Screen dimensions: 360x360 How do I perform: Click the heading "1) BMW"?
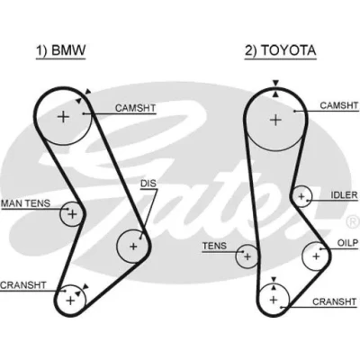coord(61,50)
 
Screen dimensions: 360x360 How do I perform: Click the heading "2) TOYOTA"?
coord(281,50)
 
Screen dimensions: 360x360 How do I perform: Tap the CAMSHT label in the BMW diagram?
coord(135,108)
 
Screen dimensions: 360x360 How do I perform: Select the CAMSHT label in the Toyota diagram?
coord(339,105)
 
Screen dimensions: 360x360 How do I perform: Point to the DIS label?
coord(148,184)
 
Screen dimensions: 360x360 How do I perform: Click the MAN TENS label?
coord(26,203)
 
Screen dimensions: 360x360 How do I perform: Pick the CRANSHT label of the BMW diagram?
coord(23,285)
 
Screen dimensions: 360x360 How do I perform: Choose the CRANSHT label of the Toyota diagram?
coord(334,301)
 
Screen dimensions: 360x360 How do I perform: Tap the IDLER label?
coord(345,195)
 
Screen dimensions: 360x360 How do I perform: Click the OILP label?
coord(347,243)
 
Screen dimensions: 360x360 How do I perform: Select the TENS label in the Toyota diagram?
coord(214,246)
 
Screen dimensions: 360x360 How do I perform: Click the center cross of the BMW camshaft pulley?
coord(63,116)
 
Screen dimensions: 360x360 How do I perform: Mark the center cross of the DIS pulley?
coord(133,247)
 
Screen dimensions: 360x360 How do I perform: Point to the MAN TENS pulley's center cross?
coord(72,214)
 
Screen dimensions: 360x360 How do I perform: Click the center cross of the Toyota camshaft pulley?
coord(275,121)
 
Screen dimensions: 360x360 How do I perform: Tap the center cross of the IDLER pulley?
coord(301,197)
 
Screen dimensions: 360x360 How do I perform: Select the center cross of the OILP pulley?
coord(316,256)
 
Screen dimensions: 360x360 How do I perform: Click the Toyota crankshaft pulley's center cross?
coord(274,300)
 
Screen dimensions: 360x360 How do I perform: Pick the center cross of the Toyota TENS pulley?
coord(247,256)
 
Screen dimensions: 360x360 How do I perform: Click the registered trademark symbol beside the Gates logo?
coord(353,221)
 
